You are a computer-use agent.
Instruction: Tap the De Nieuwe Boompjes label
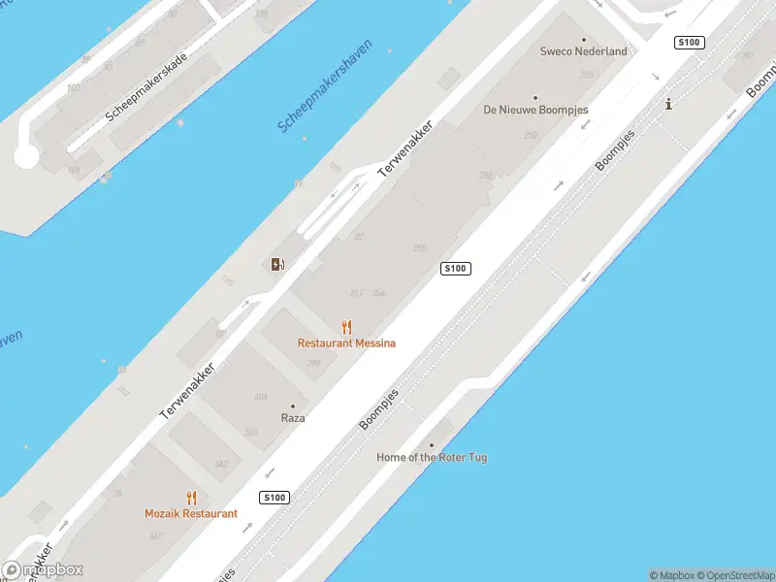[x=535, y=111]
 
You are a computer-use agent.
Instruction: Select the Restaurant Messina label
[x=346, y=343]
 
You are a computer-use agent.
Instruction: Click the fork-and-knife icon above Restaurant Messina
[x=347, y=327]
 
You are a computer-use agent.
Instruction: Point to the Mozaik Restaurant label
[x=191, y=514]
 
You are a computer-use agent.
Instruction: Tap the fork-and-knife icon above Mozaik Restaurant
[x=191, y=498]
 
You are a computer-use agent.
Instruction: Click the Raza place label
[x=293, y=418]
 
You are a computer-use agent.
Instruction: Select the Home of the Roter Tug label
[x=432, y=457]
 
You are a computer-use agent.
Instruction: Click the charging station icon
[x=278, y=264]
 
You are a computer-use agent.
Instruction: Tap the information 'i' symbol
[x=668, y=105]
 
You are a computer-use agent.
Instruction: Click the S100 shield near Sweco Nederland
[x=689, y=43]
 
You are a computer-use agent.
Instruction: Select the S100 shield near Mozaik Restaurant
[x=275, y=498]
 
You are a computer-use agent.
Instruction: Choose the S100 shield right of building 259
[x=456, y=269]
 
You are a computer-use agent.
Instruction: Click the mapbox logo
[x=43, y=570]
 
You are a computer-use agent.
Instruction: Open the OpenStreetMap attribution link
[x=731, y=575]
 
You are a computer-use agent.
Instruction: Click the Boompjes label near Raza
[x=379, y=409]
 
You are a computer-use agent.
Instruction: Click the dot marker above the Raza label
[x=293, y=406]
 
